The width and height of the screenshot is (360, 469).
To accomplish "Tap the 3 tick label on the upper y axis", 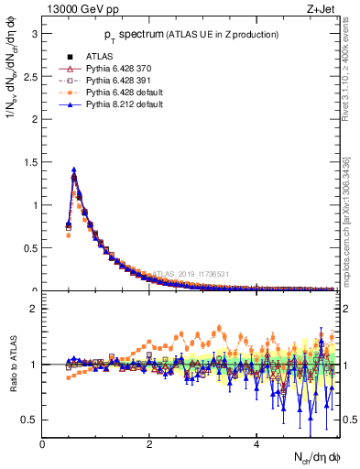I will coord(34,33).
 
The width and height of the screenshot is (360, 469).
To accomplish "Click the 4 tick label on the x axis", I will coord(256,444).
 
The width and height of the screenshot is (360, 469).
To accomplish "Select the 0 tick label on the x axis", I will coord(42,444).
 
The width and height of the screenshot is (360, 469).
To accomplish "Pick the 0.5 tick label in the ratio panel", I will coord(29,420).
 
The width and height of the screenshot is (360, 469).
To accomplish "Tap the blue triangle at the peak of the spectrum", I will coord(73,169).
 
